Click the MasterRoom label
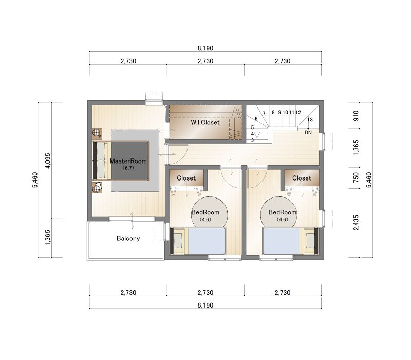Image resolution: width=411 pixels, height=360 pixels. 128,161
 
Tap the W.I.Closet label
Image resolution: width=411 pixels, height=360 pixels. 205,122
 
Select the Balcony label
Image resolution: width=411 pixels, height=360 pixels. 128,238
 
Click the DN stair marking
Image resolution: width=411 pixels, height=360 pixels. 308,133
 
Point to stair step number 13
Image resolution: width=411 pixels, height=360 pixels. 310,120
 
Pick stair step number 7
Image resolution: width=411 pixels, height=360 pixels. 264,113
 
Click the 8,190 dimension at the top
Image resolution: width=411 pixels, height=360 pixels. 206,48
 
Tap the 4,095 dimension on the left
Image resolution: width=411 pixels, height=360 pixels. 48,160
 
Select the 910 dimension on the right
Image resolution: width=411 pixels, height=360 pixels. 356,116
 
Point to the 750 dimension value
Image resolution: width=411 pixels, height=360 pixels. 356,177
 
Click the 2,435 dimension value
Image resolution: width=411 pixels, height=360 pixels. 356,223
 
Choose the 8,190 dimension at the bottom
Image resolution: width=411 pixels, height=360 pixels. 206,305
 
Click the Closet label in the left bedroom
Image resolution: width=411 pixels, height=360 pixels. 186,178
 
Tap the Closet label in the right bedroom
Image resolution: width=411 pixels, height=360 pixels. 302,178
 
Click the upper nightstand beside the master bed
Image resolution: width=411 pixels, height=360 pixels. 97,133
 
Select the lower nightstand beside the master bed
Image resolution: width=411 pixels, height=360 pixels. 97,187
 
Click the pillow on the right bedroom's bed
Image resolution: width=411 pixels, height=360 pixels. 310,241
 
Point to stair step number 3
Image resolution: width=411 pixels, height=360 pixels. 252,140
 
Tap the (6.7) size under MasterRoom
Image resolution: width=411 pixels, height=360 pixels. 128,168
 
